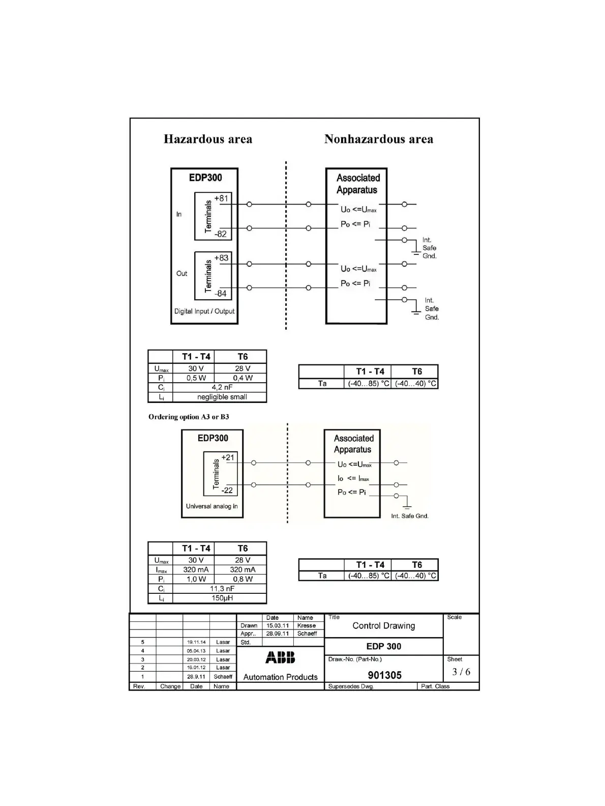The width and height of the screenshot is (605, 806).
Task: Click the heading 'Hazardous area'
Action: coord(207,139)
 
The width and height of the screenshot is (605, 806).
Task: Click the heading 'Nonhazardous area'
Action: coord(378,139)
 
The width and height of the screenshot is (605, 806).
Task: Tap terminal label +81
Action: coord(221,198)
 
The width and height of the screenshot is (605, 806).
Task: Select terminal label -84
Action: coord(220,294)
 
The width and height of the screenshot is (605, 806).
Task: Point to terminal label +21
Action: coord(228,457)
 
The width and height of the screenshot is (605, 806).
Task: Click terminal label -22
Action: coord(227,491)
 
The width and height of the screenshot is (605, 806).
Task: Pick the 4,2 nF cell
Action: coord(222,387)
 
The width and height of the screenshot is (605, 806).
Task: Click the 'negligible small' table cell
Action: coord(222,397)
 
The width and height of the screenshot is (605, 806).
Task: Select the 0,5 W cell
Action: coord(196,378)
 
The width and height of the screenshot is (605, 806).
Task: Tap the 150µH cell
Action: coord(222,598)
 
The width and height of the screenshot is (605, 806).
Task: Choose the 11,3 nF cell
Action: coord(222,589)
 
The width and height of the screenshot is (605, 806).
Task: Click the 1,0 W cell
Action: coord(196,579)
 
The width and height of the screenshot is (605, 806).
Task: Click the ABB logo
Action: coord(280,658)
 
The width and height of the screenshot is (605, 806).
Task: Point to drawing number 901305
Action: coord(384,675)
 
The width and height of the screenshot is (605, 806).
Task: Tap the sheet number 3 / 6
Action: coord(461,672)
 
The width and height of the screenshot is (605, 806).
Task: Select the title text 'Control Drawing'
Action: coord(383,626)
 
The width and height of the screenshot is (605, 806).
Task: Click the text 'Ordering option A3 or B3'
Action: coord(189,417)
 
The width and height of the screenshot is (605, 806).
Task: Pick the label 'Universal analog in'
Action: coord(211,506)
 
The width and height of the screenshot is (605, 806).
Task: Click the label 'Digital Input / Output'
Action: coord(204,311)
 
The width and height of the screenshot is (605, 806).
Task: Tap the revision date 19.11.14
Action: coord(196,642)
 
